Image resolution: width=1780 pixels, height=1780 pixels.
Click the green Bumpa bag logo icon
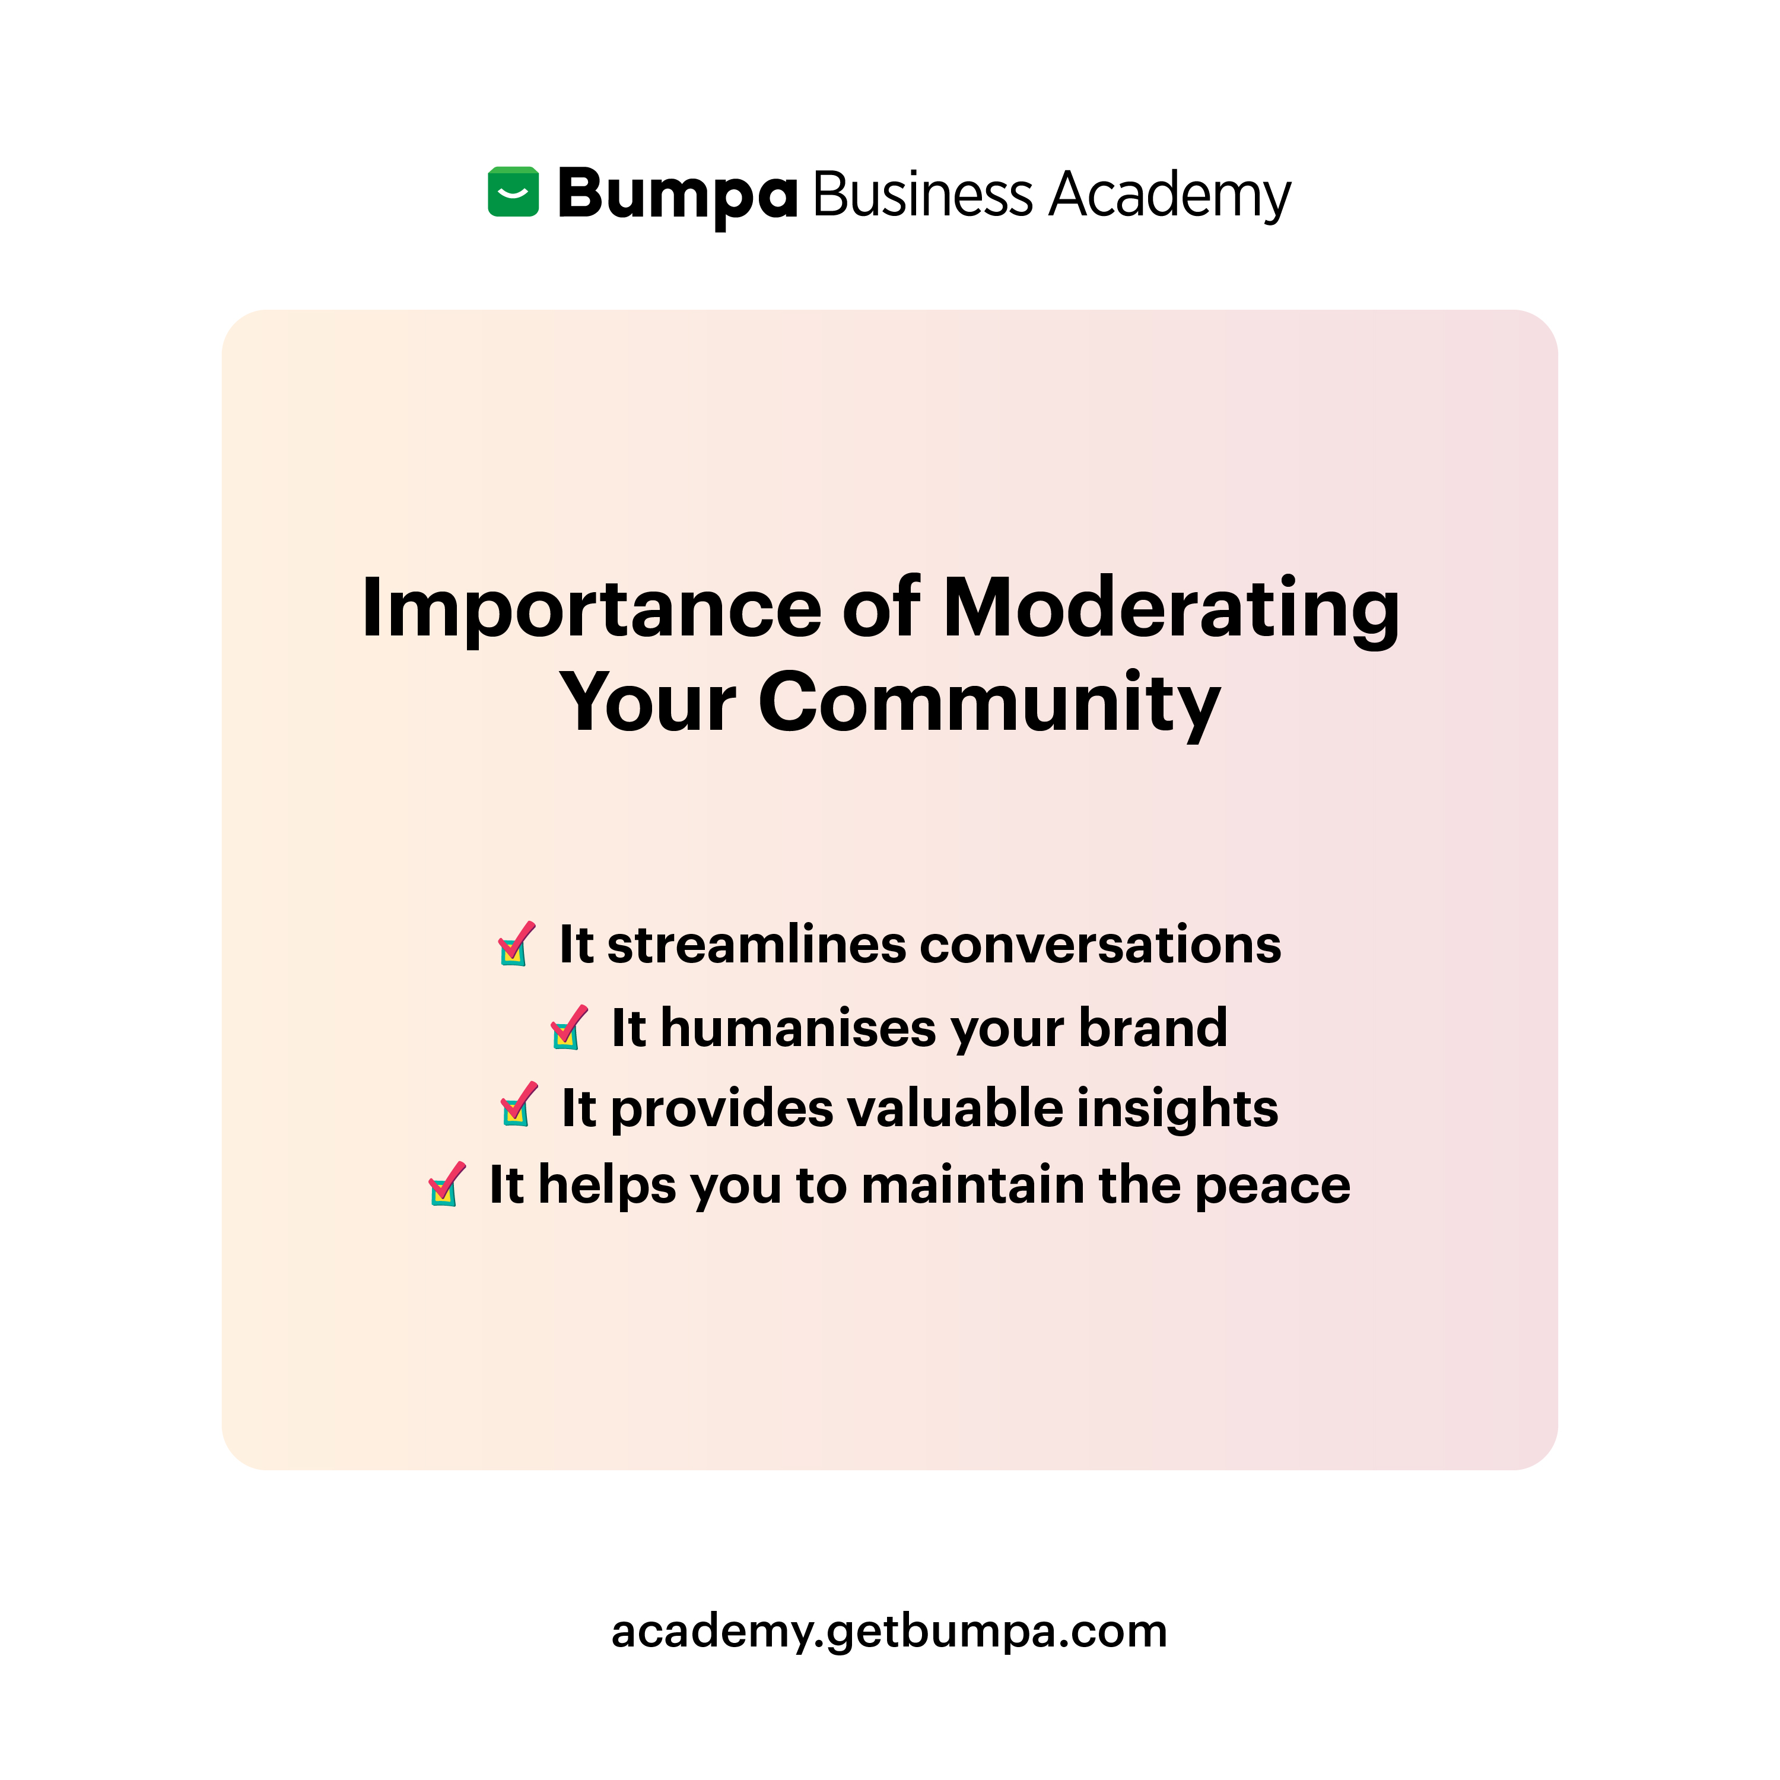click(x=513, y=193)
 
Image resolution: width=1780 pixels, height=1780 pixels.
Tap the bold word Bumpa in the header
click(x=677, y=195)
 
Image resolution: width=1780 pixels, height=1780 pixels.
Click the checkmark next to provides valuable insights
click(x=519, y=1105)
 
